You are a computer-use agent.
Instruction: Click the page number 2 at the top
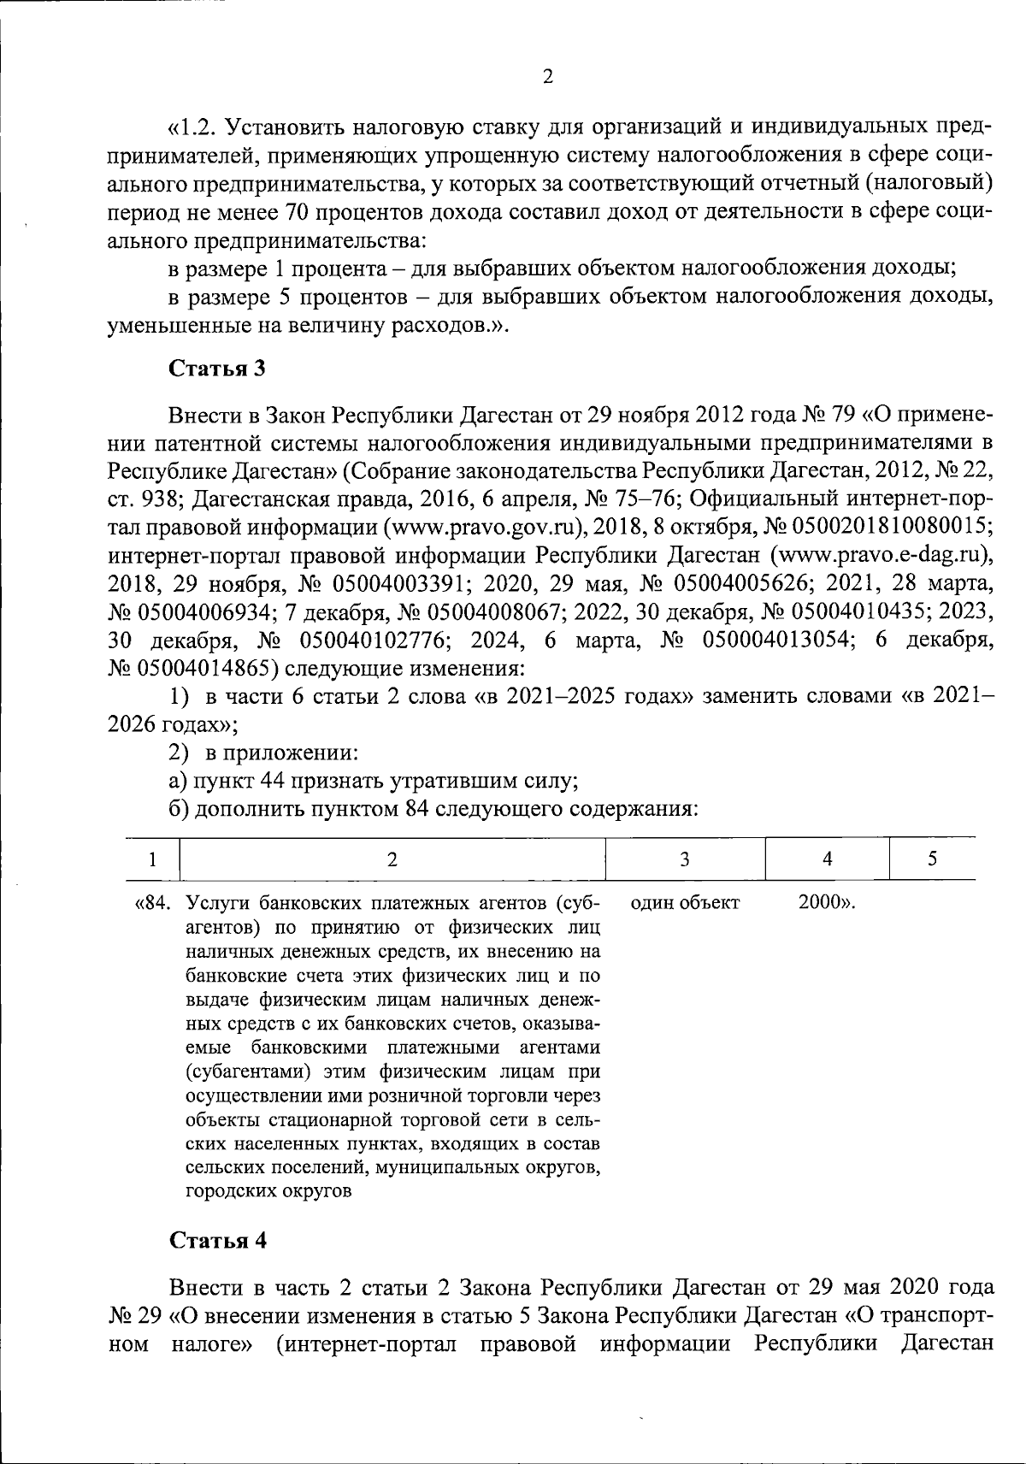pos(548,77)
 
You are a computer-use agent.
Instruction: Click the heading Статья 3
pos(217,369)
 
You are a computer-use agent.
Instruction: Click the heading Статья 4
pos(217,1241)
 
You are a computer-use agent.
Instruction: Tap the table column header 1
pos(152,859)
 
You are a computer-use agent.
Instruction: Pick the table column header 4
pos(827,859)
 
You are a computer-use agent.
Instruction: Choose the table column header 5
pos(933,859)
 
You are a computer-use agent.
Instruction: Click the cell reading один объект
pos(684,903)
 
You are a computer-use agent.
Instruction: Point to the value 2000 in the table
pos(817,903)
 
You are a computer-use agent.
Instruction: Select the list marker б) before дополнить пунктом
pos(179,809)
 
